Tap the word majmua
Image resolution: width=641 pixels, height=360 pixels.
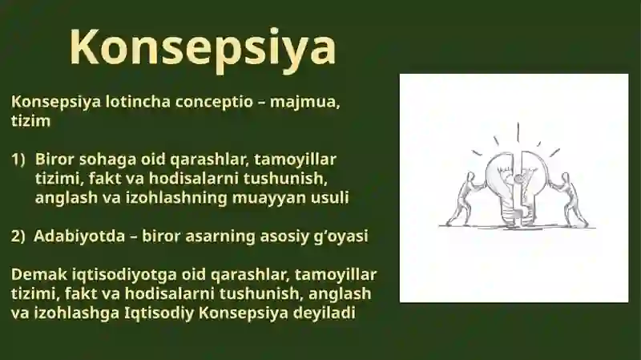[x=305, y=103]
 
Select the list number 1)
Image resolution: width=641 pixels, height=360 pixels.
[x=18, y=160]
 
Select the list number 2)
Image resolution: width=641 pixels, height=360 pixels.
[x=18, y=237]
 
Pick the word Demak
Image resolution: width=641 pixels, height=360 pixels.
[x=39, y=274]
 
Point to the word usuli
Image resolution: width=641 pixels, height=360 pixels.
[x=330, y=197]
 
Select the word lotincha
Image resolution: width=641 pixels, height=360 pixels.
[x=138, y=102]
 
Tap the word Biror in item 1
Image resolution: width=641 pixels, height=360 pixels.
[x=54, y=159]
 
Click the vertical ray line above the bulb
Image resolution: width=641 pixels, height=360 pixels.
[x=518, y=132]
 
